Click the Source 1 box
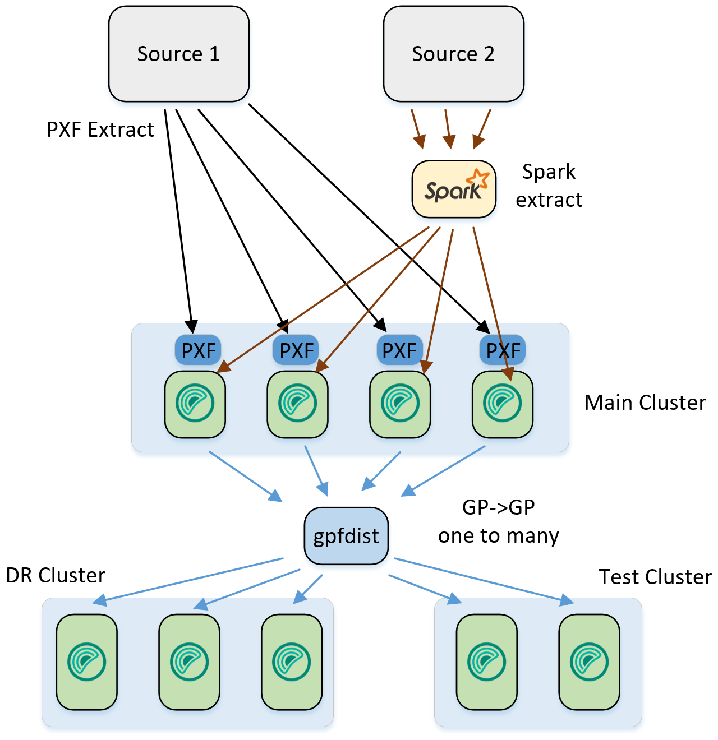tap(178, 54)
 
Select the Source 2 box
tap(453, 54)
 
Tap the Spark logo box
tap(454, 189)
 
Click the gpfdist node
tap(346, 536)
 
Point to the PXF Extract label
tap(100, 129)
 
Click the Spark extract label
tap(549, 186)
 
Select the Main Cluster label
tap(645, 403)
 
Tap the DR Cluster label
tap(56, 575)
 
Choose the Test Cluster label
tap(655, 577)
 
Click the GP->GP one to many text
tap(498, 521)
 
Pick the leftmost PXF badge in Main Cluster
tap(198, 350)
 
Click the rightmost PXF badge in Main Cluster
tap(503, 350)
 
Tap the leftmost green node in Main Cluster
tap(195, 404)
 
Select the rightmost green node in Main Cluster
tap(503, 404)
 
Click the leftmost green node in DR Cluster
tap(87, 662)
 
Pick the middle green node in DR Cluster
tap(190, 662)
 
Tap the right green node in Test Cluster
tap(589, 662)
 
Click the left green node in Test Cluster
tap(486, 662)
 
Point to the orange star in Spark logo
tap(478, 179)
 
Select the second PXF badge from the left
tap(296, 350)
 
